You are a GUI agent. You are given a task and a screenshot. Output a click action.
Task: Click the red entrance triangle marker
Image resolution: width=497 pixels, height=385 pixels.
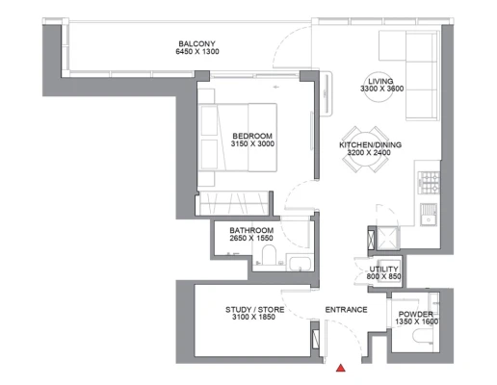coord(341,368)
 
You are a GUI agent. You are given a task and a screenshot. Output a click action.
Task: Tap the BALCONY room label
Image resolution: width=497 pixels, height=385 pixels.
coord(196,43)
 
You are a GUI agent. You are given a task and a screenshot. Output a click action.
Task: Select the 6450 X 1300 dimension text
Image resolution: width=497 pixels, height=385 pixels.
coord(197,51)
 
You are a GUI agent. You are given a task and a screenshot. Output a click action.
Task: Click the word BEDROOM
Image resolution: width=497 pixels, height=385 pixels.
coord(252,136)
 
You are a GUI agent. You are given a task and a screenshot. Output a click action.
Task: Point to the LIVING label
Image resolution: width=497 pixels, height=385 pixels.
coord(380,81)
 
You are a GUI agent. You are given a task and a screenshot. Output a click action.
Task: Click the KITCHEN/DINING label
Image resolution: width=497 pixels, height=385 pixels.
coord(370,145)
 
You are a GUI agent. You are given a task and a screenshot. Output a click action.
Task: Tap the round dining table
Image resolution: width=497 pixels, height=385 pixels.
coord(366,149)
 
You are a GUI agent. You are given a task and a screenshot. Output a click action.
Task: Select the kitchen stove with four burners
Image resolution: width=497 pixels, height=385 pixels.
coord(429,183)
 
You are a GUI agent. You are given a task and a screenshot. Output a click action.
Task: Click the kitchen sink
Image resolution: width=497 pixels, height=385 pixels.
coord(429,215)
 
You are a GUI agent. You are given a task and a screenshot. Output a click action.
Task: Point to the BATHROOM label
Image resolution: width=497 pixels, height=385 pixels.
coord(251,230)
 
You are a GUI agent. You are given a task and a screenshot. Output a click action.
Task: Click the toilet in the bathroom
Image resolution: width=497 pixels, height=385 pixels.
coord(269,255)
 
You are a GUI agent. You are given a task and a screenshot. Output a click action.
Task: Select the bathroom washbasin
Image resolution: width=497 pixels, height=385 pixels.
coord(300,263)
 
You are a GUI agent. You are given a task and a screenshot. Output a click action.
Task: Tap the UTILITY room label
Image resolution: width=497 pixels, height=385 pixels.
coord(383,269)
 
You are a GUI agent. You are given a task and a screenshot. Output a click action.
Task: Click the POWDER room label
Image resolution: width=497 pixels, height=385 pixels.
coord(416,314)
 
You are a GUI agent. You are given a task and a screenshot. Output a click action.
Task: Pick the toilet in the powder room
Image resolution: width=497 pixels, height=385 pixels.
coord(423,336)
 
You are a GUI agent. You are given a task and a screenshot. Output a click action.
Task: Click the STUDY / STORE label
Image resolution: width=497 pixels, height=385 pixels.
coord(254,310)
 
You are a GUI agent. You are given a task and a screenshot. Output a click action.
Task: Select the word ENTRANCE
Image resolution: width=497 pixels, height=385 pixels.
coord(346,310)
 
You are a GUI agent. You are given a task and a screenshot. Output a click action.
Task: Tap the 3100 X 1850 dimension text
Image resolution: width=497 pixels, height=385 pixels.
coord(254,317)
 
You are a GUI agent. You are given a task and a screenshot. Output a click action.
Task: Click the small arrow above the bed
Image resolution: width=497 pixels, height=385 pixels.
coord(275,87)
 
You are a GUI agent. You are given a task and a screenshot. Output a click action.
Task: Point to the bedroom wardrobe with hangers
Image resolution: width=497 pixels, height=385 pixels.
coord(233,203)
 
